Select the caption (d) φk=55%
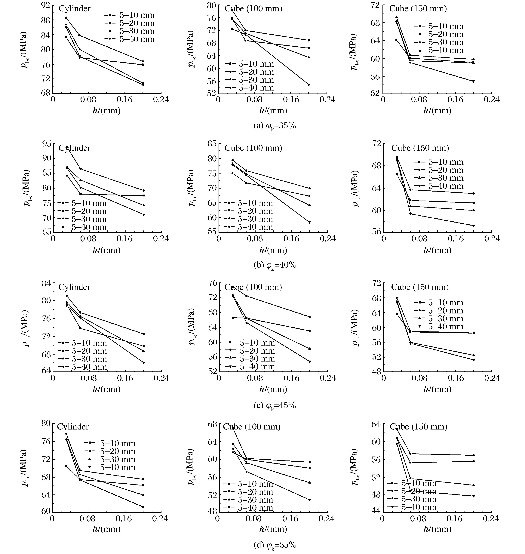pyautogui.click(x=275, y=545)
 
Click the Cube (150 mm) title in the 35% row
pyautogui.click(x=418, y=9)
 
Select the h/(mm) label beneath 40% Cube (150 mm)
pyautogui.click(x=437, y=250)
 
